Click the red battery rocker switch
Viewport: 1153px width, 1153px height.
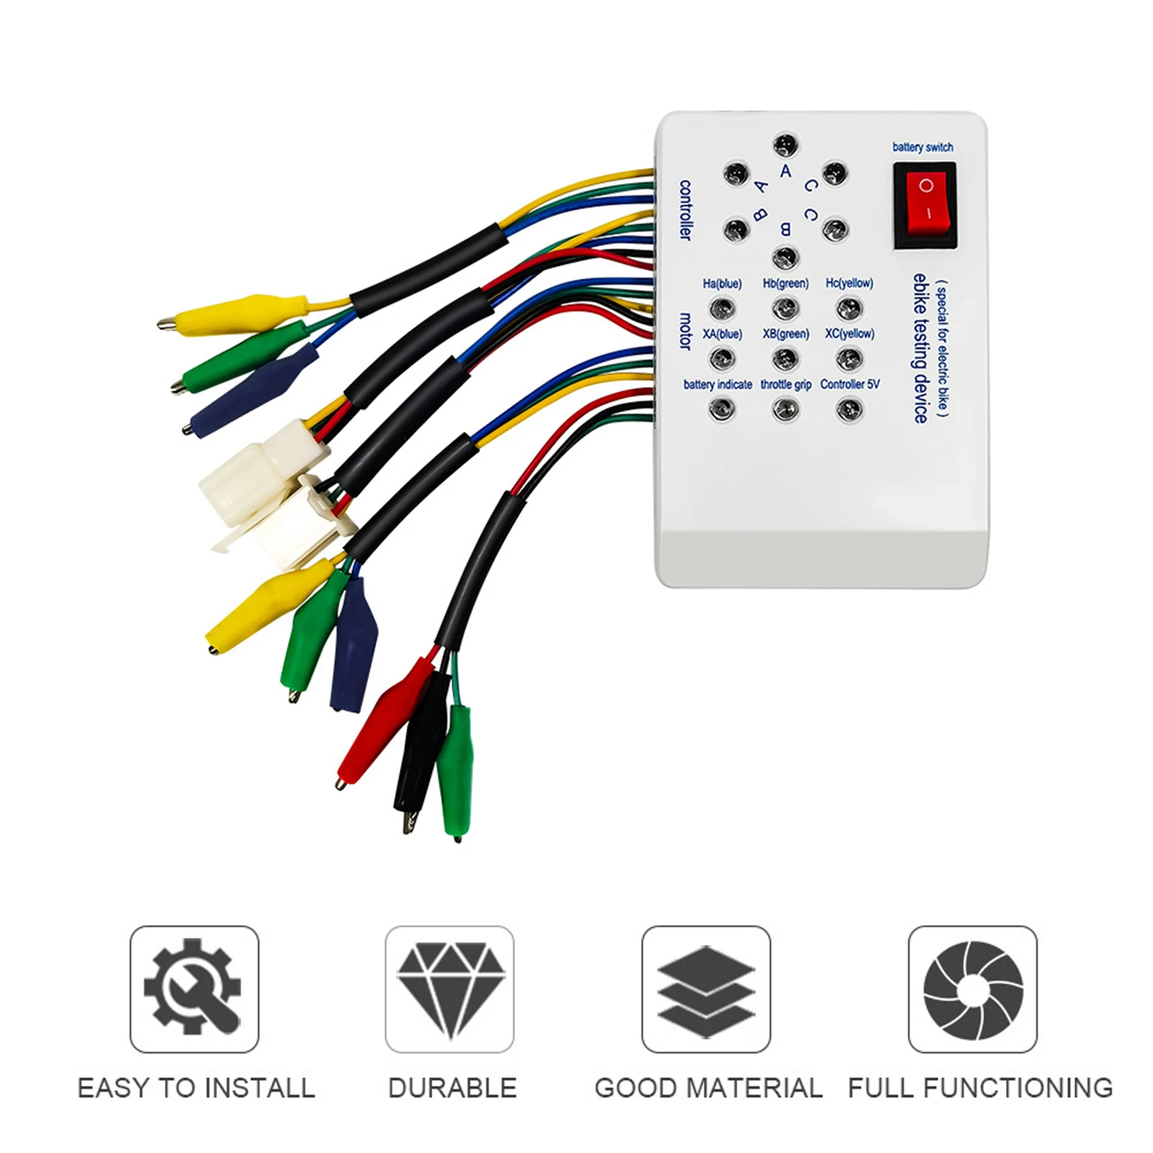[925, 205]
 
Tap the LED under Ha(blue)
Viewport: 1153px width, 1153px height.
[721, 309]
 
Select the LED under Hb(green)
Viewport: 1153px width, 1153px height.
[785, 309]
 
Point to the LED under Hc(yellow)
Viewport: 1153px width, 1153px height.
[849, 309]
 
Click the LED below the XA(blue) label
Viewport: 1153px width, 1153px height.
[721, 359]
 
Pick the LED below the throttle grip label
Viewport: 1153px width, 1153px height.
[785, 410]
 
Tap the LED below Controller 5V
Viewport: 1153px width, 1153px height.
[849, 410]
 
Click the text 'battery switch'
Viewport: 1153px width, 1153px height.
[922, 147]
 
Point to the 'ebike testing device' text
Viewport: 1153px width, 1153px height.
[920, 348]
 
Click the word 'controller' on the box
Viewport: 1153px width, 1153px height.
[685, 210]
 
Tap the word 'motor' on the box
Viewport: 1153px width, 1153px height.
[685, 331]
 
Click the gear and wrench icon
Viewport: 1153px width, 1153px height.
[194, 989]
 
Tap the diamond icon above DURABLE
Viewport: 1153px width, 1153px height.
[450, 989]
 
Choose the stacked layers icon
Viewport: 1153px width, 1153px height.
[706, 989]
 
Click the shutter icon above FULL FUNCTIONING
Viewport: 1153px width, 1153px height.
[973, 989]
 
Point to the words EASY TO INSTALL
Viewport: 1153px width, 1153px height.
[196, 1087]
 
